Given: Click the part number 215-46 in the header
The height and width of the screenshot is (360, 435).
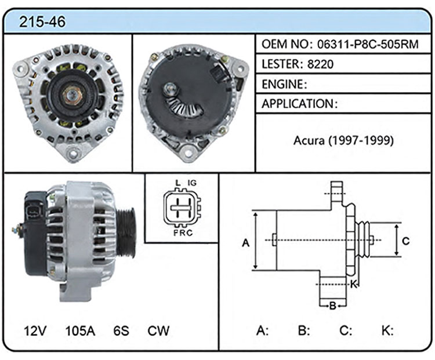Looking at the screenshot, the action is (x=42, y=21).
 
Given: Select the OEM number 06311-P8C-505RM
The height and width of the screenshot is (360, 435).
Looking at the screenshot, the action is (x=368, y=44).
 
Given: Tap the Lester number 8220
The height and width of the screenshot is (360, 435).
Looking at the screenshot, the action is (x=320, y=64).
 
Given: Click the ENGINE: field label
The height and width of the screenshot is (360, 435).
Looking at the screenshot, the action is (x=284, y=84).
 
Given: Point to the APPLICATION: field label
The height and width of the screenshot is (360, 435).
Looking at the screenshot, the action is (x=300, y=104).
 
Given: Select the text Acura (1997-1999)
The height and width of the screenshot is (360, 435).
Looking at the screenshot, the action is (x=343, y=140).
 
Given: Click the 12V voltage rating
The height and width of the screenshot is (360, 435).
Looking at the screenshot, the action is (x=35, y=330).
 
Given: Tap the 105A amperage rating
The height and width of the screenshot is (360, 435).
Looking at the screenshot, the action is (x=80, y=330).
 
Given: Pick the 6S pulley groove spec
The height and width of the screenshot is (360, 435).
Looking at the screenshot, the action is (x=121, y=330).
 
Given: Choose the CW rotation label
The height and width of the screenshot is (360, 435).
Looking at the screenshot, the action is (x=158, y=330).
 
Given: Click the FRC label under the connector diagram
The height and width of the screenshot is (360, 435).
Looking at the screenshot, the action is (x=183, y=232).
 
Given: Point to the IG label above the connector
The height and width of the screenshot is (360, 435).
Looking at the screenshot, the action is (x=192, y=183).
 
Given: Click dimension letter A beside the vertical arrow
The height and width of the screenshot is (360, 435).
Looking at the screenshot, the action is (x=246, y=243).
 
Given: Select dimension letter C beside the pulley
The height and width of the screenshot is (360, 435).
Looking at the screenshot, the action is (x=405, y=241).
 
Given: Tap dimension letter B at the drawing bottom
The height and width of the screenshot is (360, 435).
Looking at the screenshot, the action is (x=333, y=306).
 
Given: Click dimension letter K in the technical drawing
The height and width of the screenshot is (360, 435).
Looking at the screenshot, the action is (x=353, y=284).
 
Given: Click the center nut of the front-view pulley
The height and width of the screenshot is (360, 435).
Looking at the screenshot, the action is (x=72, y=95).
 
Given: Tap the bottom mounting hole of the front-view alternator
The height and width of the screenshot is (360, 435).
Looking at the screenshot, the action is (x=73, y=153).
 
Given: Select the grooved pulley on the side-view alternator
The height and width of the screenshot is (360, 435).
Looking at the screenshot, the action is (x=126, y=233).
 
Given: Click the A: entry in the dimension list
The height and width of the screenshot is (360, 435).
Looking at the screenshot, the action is (x=262, y=330).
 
